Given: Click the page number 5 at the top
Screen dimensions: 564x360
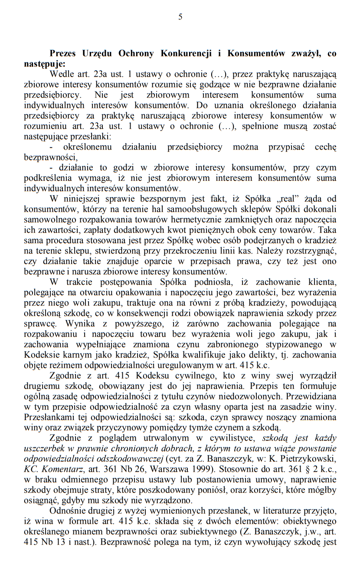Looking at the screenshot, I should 180,17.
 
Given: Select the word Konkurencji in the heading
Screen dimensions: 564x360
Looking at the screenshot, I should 186,54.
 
